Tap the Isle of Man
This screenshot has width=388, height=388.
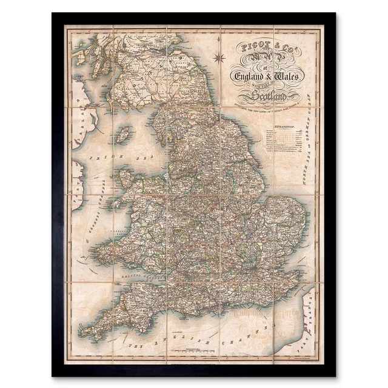click(x=123, y=134)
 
